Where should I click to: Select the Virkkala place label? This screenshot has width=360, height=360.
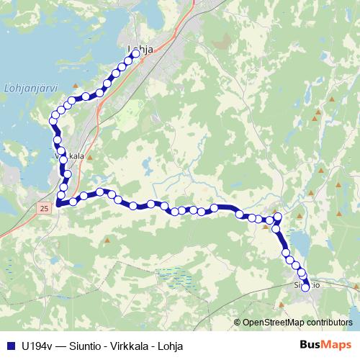point(69,156)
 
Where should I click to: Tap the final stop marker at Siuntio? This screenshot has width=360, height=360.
point(305,287)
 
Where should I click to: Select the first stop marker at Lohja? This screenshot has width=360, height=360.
point(135,53)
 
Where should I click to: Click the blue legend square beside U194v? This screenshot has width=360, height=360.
point(9,346)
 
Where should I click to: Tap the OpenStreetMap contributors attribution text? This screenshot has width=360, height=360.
point(298,322)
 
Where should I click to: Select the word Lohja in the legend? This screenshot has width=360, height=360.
point(170,346)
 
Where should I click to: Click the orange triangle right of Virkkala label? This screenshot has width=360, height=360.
point(89,156)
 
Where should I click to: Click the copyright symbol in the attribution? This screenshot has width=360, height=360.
point(238,322)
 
